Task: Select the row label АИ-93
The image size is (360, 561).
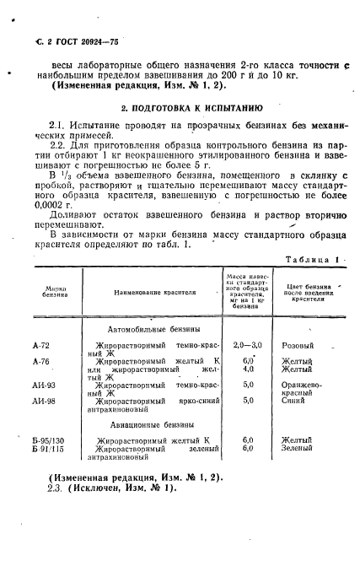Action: pos(44,385)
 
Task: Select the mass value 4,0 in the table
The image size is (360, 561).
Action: pos(248,369)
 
